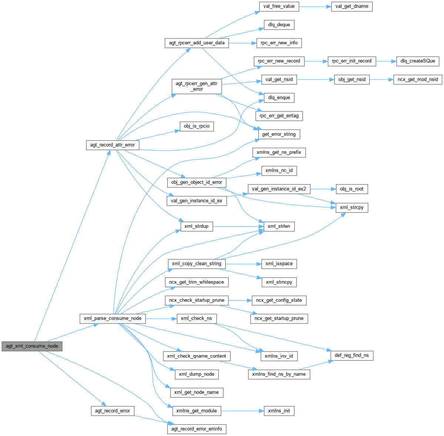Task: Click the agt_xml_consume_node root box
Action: coord(32,346)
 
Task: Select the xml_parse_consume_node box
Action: coord(112,318)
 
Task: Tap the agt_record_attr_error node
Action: coord(112,145)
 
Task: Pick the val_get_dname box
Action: coord(351,6)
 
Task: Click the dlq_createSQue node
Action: coord(418,61)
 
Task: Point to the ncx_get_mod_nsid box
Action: coord(418,80)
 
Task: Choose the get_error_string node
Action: coord(279,134)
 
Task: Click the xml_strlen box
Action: coord(279,226)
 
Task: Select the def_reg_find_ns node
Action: coord(351,355)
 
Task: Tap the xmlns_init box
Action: coord(279,411)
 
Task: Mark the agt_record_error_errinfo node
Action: coord(196,429)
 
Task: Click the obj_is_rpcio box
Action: coord(196,126)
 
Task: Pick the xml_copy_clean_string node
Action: coord(196,264)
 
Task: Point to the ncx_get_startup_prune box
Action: coord(279,318)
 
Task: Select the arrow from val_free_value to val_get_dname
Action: coord(315,6)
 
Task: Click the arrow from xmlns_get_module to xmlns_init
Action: coord(242,411)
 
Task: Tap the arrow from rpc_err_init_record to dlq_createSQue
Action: coord(386,61)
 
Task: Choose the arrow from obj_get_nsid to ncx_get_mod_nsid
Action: coord(381,80)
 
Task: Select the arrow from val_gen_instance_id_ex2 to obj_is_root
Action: coord(323,189)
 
